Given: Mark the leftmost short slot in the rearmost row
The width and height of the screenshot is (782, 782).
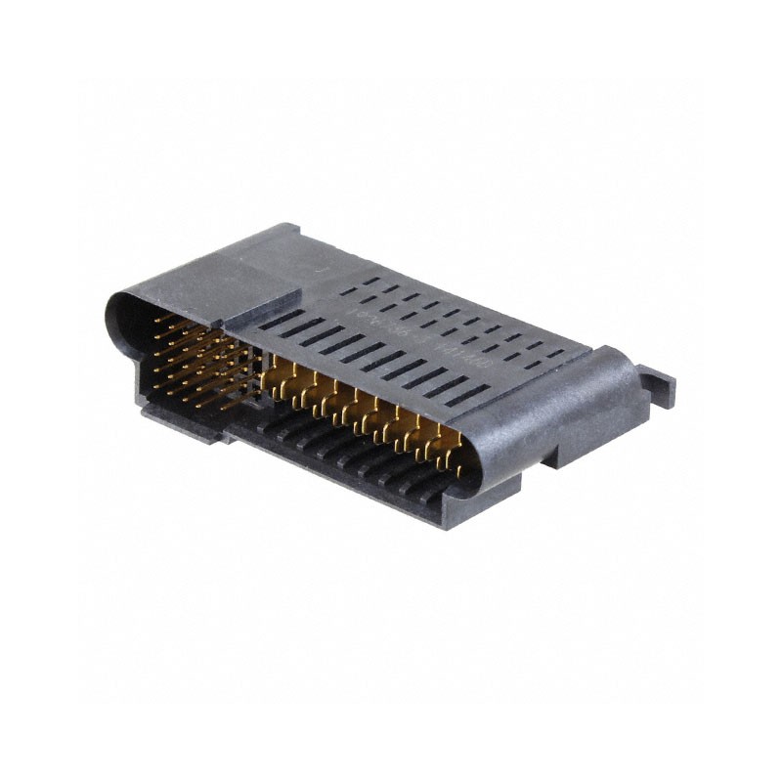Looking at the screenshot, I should [370, 281].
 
